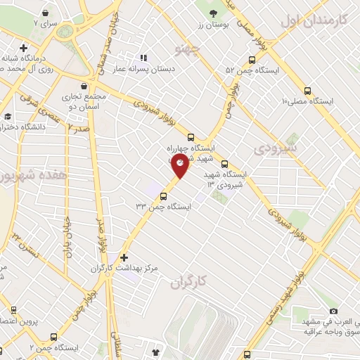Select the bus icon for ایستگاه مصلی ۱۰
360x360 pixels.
307,90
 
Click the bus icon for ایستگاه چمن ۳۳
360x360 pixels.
165,197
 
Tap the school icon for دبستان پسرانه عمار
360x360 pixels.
143,58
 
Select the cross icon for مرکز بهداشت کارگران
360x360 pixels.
124,257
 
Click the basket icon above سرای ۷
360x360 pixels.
44,12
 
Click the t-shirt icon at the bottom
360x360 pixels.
155,349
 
